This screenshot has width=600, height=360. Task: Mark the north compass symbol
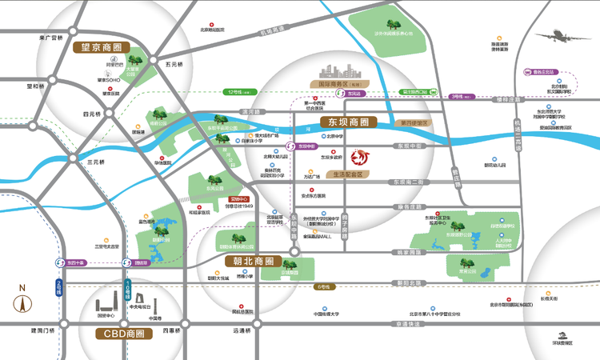point(23,302)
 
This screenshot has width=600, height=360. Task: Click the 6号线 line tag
point(323,286)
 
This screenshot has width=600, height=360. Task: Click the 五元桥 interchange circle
point(159,64)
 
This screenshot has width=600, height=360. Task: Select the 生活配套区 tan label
point(345,174)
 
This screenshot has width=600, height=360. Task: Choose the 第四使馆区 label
point(413,123)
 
